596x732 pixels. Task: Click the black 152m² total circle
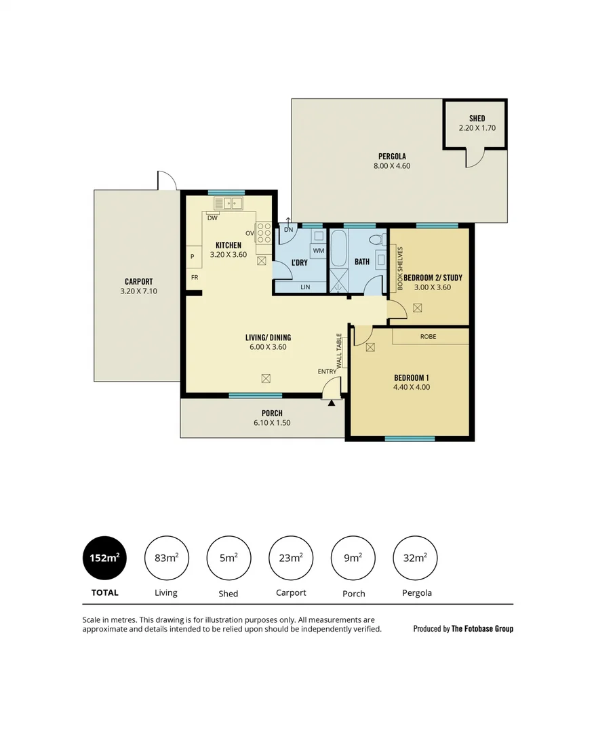104,558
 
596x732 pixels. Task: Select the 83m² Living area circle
166,558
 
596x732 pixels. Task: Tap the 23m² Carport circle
291,558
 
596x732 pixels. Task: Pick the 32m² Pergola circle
415,558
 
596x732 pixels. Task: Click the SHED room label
477,119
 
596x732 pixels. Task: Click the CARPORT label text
138,281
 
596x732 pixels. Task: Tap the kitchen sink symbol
229,203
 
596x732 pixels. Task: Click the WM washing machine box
318,251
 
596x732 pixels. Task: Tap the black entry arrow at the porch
332,403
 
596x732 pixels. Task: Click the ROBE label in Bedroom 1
428,336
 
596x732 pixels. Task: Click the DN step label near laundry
288,230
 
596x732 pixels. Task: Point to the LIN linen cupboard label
305,287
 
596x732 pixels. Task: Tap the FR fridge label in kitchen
195,277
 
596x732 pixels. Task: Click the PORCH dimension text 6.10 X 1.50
272,424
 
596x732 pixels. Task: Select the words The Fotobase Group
482,629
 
